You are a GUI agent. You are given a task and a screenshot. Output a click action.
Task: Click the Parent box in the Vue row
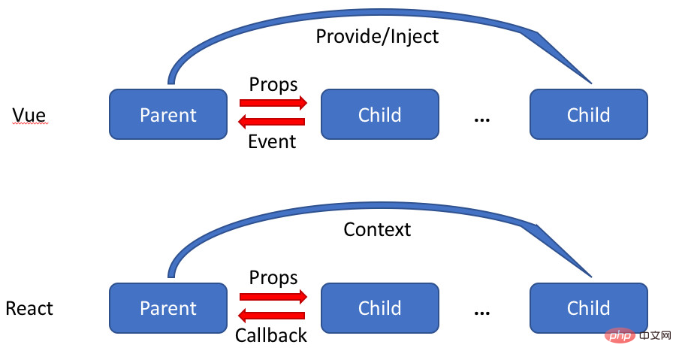(168, 114)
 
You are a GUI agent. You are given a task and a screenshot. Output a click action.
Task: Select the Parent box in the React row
(168, 308)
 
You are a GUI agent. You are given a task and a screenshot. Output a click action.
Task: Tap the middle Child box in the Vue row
(380, 114)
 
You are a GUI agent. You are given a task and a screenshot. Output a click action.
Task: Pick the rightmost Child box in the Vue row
(589, 114)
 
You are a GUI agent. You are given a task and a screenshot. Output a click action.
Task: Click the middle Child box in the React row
(380, 308)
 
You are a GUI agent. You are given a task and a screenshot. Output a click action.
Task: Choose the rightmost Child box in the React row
(589, 308)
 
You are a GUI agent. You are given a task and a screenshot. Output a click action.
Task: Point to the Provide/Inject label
(377, 36)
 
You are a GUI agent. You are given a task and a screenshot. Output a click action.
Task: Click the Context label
(377, 229)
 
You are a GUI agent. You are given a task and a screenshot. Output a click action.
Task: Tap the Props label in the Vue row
(273, 84)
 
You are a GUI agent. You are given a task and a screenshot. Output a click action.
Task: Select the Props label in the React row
(273, 277)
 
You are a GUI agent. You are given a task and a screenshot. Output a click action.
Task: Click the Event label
(272, 141)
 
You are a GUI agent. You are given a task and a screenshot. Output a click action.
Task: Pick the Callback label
(271, 335)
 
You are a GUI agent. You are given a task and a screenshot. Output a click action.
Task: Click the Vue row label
(29, 115)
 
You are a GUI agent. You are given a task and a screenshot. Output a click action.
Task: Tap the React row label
(29, 308)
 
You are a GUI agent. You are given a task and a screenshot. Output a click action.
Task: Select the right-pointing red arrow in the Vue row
(273, 103)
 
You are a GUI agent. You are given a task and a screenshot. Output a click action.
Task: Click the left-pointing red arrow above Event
(271, 122)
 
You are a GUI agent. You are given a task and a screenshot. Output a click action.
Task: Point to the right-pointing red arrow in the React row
(273, 297)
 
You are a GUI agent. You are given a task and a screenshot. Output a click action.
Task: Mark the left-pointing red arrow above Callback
(271, 316)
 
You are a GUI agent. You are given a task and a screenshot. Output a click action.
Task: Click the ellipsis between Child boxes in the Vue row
(482, 120)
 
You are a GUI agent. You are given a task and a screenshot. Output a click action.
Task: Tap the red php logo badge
(620, 335)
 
